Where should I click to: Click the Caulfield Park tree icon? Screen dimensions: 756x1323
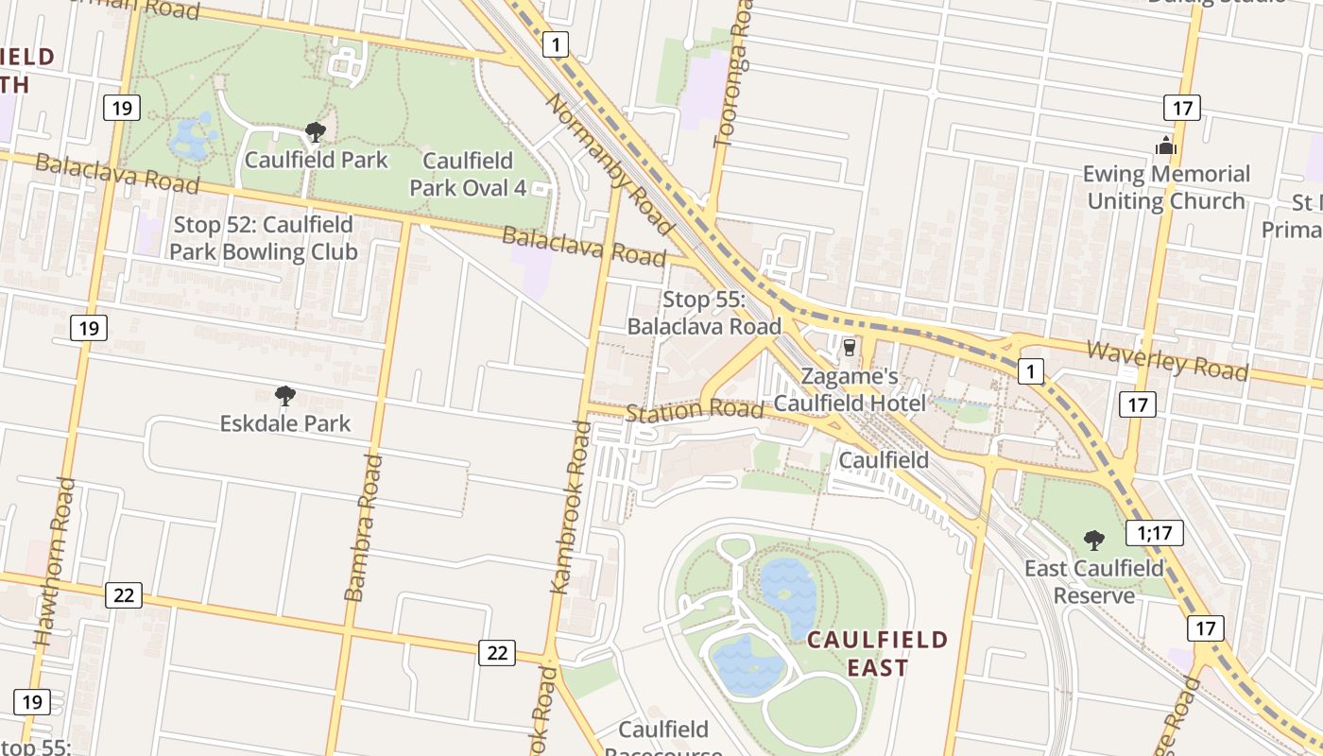click(316, 132)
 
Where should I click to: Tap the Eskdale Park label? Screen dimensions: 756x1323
click(285, 423)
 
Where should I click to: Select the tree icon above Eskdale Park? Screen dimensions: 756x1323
click(285, 396)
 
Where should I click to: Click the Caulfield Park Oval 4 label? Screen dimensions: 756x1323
click(468, 174)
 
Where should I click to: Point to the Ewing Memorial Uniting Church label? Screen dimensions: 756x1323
click(1166, 187)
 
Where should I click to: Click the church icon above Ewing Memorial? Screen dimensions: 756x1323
click(1165, 146)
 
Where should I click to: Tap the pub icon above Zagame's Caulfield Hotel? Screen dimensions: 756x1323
click(850, 348)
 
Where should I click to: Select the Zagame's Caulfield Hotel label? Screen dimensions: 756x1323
click(850, 389)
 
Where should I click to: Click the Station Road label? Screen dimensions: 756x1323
click(695, 410)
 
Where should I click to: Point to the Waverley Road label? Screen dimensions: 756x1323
click(1167, 360)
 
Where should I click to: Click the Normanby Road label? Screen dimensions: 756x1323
click(610, 165)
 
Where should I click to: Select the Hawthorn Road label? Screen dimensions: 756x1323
click(55, 561)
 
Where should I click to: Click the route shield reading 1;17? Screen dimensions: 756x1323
click(1155, 533)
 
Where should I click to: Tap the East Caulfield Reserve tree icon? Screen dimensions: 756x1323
click(1094, 541)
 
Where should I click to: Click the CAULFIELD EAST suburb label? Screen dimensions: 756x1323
click(877, 654)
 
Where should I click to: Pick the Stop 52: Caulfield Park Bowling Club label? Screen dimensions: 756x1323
click(263, 238)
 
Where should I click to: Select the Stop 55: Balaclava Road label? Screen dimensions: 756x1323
click(705, 313)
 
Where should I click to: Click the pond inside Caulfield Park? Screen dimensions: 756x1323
click(192, 138)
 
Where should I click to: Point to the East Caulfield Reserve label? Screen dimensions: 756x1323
click(1094, 582)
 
